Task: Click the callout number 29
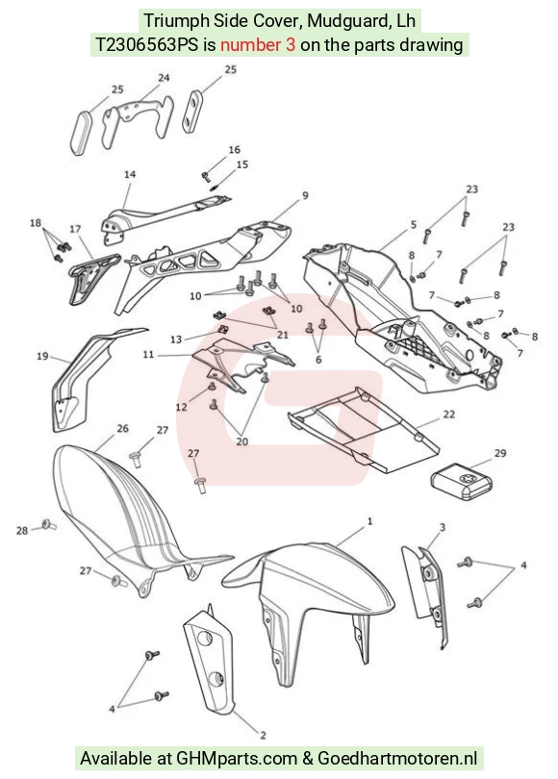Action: (x=500, y=453)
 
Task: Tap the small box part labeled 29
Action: (x=462, y=482)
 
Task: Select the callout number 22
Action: (x=448, y=414)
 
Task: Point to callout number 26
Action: (x=123, y=428)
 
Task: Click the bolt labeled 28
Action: (x=49, y=524)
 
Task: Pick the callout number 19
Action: (x=42, y=356)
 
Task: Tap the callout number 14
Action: (x=130, y=174)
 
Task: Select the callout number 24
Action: (x=164, y=78)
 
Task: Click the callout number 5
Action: (x=414, y=224)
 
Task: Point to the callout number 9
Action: (x=305, y=195)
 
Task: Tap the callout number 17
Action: (x=75, y=229)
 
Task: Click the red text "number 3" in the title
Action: (x=258, y=44)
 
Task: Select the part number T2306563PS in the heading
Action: (x=147, y=44)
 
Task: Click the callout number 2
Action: (x=263, y=735)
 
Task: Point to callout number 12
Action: (x=182, y=407)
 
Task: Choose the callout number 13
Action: (x=176, y=339)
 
